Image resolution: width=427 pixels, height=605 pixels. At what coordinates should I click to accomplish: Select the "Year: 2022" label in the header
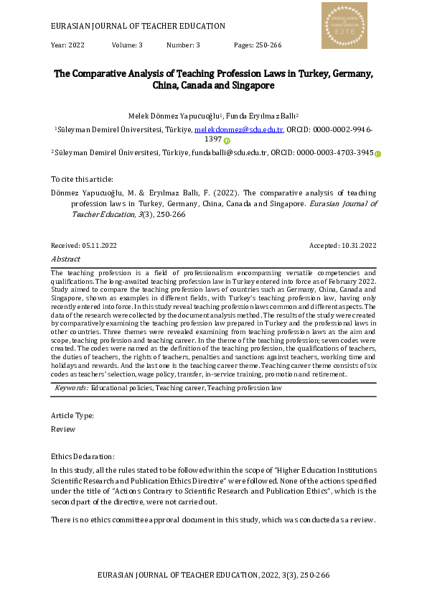(x=68, y=45)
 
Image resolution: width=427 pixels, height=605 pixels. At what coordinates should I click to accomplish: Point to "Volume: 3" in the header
(x=127, y=45)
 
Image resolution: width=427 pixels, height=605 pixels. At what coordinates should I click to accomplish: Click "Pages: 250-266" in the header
(x=258, y=45)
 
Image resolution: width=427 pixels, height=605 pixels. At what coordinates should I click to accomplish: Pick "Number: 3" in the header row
(x=183, y=45)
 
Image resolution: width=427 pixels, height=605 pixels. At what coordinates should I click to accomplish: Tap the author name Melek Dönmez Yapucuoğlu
(x=175, y=116)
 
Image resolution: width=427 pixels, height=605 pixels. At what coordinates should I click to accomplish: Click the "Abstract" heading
(x=65, y=259)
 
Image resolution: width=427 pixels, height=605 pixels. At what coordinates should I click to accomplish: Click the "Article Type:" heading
(x=72, y=415)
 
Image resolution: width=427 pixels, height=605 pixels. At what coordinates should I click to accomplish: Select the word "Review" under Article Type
(x=62, y=429)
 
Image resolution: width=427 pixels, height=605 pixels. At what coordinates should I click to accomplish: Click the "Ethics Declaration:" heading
(x=83, y=456)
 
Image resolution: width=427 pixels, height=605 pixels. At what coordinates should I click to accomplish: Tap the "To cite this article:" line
(x=82, y=179)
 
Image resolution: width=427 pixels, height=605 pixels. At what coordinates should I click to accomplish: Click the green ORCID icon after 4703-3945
(x=378, y=153)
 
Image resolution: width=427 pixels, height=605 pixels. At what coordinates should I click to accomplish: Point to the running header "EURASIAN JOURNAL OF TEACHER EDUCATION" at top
(x=139, y=26)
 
